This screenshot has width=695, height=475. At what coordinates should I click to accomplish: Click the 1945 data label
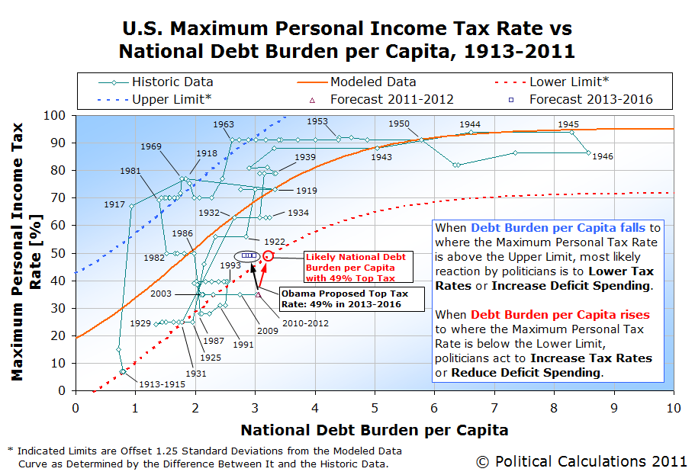(x=568, y=124)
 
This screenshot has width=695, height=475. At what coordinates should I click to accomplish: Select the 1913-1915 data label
(x=156, y=384)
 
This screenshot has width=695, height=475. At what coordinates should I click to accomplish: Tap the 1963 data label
(x=224, y=124)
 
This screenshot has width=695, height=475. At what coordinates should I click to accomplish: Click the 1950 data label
(x=399, y=124)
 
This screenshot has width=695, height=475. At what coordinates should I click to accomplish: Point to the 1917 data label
(x=115, y=204)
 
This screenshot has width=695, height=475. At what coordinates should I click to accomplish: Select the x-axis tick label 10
(x=673, y=408)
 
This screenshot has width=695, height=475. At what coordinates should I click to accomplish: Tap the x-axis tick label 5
(x=375, y=408)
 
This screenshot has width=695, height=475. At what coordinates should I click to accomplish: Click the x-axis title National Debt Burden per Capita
(x=374, y=430)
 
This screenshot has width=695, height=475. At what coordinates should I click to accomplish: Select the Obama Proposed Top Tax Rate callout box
(x=352, y=298)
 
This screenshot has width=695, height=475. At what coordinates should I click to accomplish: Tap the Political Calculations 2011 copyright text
(x=581, y=461)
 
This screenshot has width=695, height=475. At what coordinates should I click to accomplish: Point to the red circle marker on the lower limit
(x=269, y=256)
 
